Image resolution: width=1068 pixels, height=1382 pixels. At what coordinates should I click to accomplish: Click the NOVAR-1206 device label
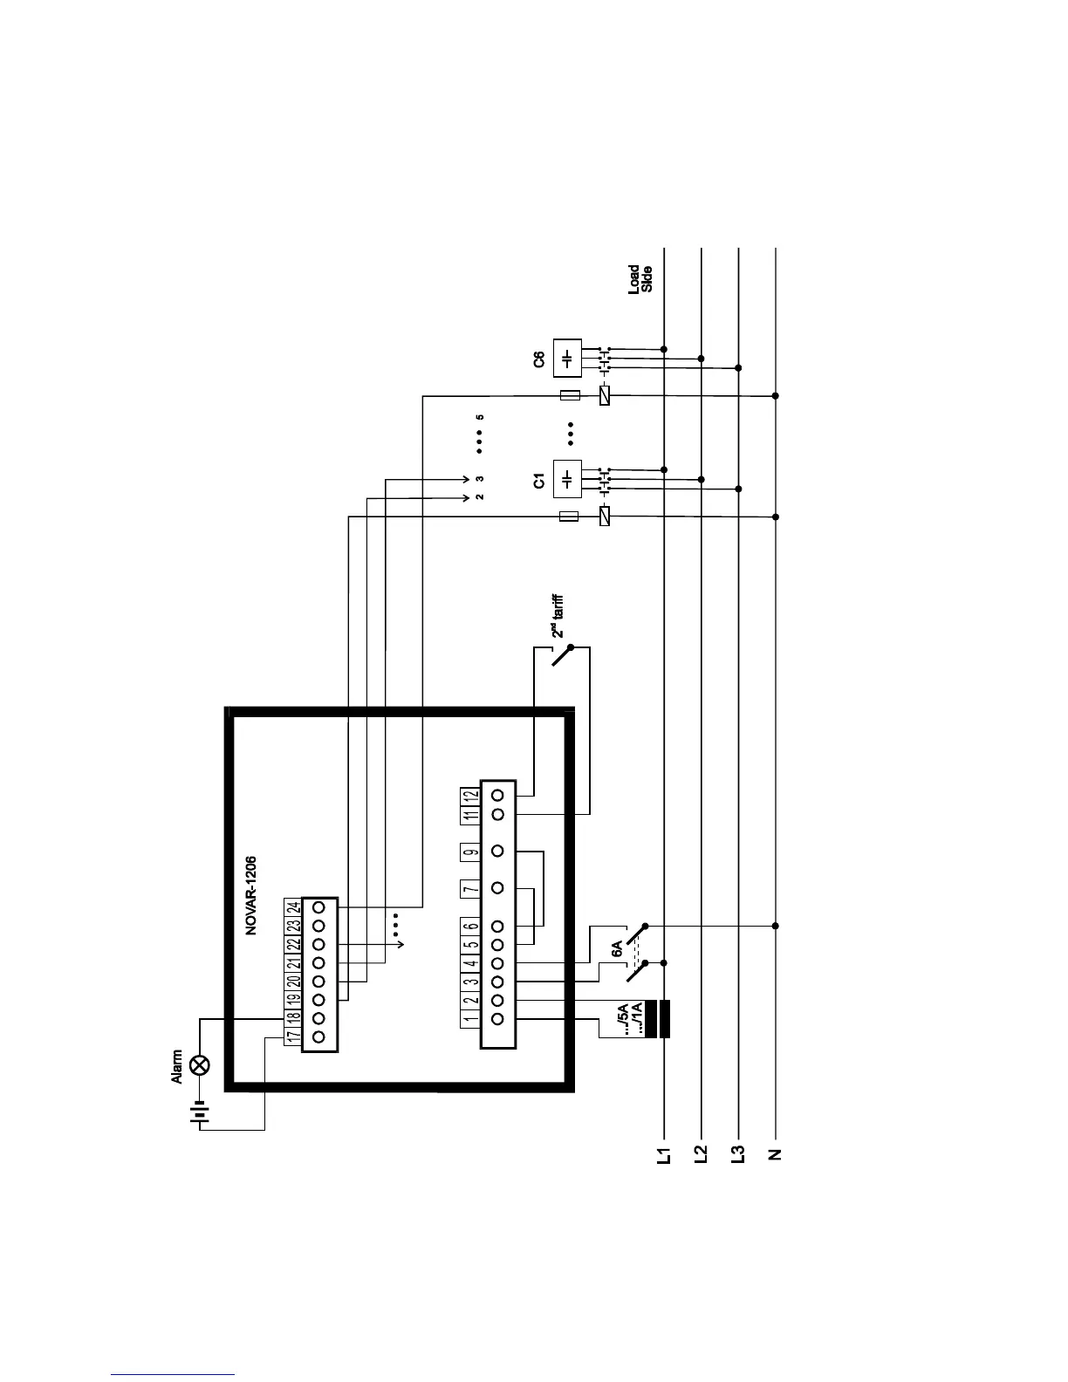(x=250, y=895)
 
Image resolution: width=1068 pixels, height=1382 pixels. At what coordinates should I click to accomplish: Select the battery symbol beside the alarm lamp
(x=200, y=1114)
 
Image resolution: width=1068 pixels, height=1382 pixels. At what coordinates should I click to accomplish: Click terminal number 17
(x=292, y=1036)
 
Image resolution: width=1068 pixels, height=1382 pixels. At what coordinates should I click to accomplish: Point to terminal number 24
(x=292, y=907)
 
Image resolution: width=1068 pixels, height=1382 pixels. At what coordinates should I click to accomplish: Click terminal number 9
(x=470, y=852)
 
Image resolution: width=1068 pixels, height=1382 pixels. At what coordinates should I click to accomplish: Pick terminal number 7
(x=470, y=888)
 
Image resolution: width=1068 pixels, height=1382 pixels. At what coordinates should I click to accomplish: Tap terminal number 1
(x=470, y=1018)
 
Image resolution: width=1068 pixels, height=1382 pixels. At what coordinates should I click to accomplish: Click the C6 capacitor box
(x=567, y=359)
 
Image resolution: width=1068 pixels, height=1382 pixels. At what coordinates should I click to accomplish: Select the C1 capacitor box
(x=567, y=480)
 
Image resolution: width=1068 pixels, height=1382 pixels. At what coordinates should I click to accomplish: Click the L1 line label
(x=664, y=1156)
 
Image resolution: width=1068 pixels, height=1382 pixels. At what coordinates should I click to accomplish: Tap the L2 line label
(x=701, y=1156)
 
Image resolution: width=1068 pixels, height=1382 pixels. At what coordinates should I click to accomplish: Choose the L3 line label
(x=738, y=1156)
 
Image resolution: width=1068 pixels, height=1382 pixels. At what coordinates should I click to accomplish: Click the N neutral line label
(x=775, y=1156)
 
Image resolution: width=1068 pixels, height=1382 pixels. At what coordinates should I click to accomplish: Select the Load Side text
(x=640, y=278)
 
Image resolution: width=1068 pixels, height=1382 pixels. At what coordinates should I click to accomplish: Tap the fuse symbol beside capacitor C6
(x=569, y=396)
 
